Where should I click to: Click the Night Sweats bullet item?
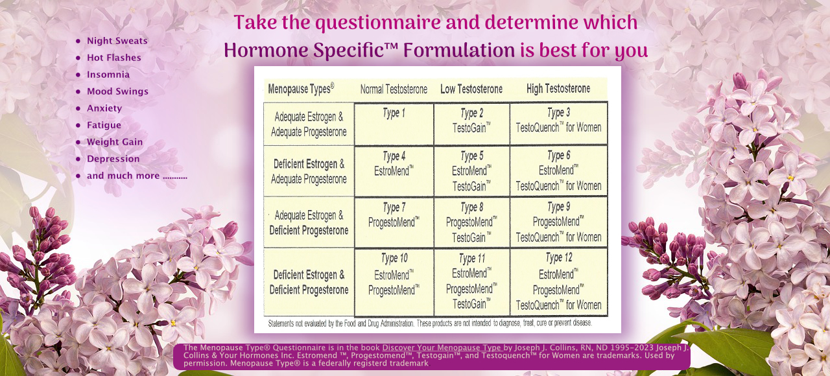click(117, 41)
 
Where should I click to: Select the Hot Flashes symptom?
click(113, 58)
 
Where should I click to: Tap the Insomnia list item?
click(108, 75)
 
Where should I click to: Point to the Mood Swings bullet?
click(117, 91)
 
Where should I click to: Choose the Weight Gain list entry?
click(115, 142)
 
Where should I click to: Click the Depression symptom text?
click(113, 159)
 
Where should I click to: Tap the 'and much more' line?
click(136, 176)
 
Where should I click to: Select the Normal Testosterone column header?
click(394, 89)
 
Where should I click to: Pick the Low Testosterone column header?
click(471, 89)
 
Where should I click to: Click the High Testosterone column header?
click(558, 89)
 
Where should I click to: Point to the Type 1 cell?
click(394, 123)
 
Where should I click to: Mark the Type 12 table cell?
click(558, 281)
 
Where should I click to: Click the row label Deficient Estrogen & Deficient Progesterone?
click(309, 282)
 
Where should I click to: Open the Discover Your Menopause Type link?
click(442, 347)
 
